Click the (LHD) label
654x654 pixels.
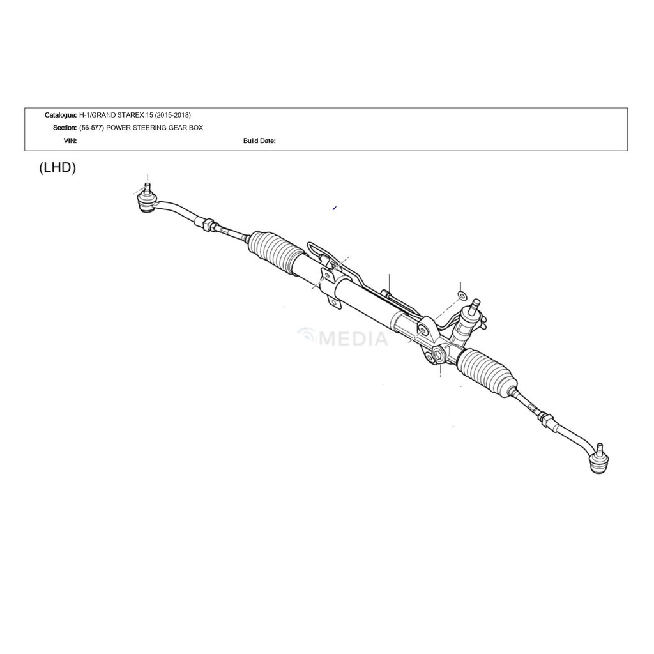coord(57,168)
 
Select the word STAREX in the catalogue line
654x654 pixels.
coord(133,115)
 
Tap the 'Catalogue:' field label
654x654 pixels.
coord(60,115)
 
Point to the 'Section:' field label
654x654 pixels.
coord(65,128)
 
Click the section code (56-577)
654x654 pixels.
coord(91,128)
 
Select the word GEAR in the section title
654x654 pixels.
coord(174,128)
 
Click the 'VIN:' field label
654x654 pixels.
coord(70,141)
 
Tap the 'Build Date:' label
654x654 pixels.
coord(259,141)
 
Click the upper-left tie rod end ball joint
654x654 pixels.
coord(146,201)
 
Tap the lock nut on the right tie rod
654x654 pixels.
coord(545,420)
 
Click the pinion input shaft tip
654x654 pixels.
coord(475,304)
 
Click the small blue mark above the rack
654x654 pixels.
coord(334,208)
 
